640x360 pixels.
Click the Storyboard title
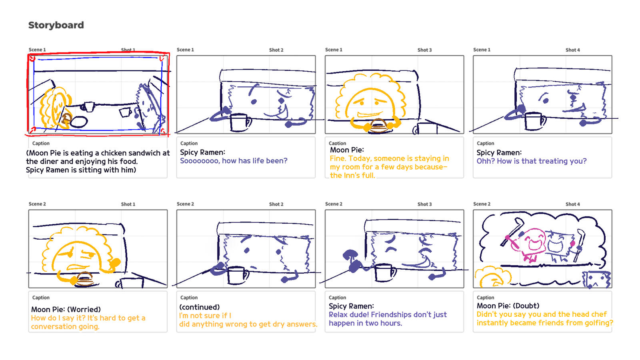[x=56, y=25]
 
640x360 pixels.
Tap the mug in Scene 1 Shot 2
[x=240, y=122]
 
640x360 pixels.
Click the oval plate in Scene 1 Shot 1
[x=78, y=122]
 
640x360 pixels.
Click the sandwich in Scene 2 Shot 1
[x=84, y=279]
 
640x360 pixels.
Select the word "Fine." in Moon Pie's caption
[x=338, y=158]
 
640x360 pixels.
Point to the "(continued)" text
[x=200, y=307]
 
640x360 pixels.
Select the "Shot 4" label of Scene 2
[x=572, y=204]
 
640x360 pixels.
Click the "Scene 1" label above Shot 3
[x=334, y=50]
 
